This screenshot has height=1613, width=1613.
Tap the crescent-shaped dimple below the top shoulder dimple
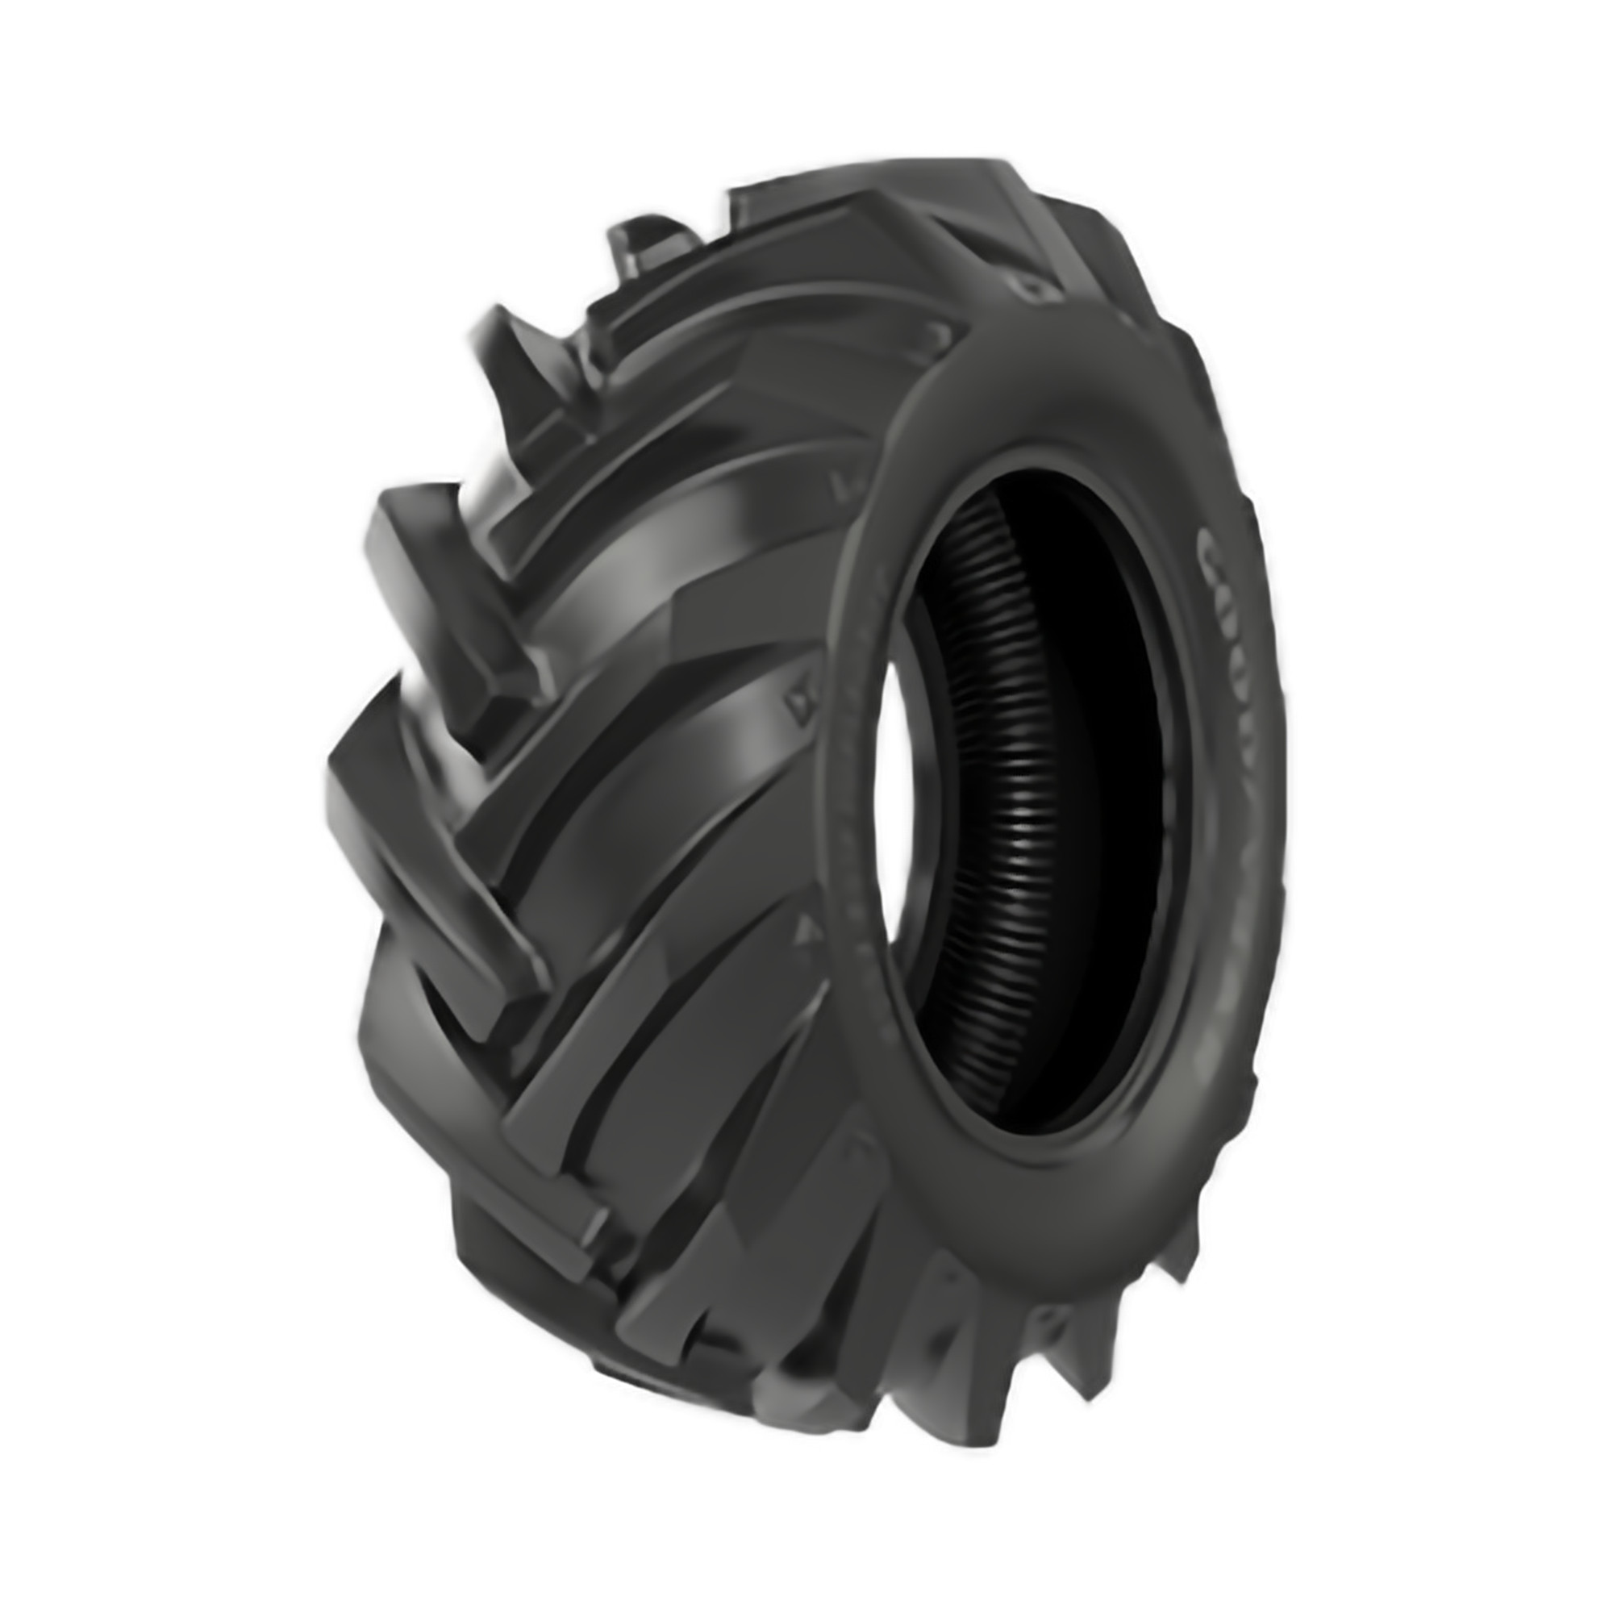tap(944, 334)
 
